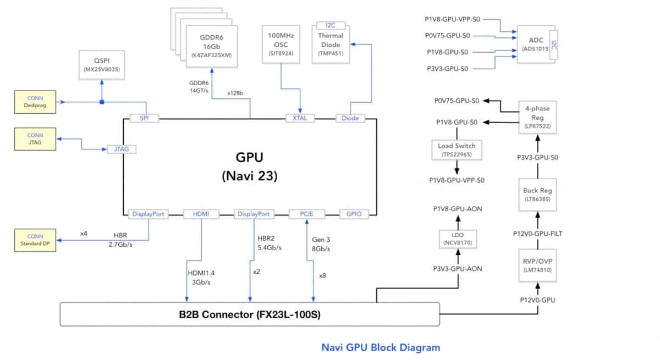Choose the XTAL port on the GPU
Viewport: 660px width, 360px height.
pos(300,118)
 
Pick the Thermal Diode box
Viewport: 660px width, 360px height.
pos(331,45)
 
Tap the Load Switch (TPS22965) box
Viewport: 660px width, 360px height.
pos(457,150)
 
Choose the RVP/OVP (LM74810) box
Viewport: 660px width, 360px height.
pos(537,266)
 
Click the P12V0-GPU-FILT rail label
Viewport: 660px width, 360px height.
pos(537,233)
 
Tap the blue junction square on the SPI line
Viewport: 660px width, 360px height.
pos(102,102)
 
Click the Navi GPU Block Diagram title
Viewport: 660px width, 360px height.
pos(381,347)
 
